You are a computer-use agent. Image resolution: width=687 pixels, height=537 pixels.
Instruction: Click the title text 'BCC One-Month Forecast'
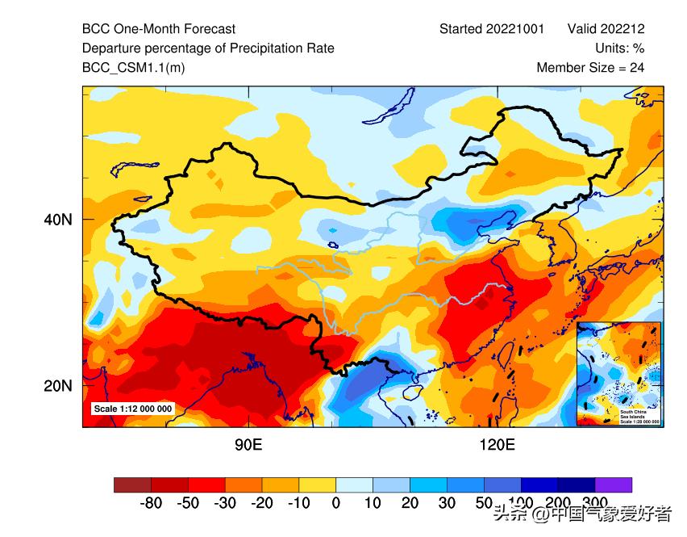coord(159,29)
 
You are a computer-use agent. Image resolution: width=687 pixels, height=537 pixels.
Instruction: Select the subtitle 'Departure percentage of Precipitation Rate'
coord(208,48)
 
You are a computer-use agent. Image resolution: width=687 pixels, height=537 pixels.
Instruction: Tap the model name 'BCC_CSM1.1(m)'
coord(133,68)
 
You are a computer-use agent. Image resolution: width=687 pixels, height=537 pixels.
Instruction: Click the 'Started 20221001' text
coord(492,29)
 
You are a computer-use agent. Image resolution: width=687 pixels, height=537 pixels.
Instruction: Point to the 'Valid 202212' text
coord(606,29)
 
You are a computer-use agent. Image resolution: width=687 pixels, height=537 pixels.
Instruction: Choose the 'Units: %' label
coord(619,48)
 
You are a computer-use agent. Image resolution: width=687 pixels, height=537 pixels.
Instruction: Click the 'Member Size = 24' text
coord(590,68)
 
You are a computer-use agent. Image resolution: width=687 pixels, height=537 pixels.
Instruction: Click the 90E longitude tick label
coord(248,445)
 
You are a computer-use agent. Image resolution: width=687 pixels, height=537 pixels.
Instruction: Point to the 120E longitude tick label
coord(497,445)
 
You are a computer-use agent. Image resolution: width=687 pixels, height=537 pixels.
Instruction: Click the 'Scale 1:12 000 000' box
coord(132,409)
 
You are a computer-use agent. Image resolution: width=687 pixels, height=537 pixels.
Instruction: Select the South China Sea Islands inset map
coord(618,373)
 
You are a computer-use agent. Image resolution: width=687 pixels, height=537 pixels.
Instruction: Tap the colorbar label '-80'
coord(150,504)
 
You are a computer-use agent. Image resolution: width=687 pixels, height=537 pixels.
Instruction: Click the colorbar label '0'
coord(335,504)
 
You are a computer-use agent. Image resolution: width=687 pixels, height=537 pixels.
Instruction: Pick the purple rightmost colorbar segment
coord(614,485)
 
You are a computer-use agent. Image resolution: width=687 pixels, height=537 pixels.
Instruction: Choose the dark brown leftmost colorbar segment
coord(132,485)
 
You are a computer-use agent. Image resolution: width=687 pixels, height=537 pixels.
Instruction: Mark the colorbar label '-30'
coord(224,504)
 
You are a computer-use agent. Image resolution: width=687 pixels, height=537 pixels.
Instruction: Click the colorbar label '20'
coord(410,504)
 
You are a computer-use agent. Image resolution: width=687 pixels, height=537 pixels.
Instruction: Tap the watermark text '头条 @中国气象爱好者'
coord(582,513)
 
